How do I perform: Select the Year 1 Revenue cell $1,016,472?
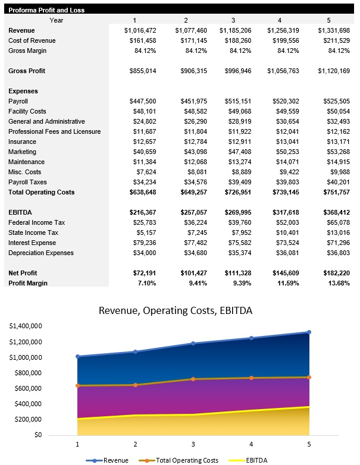pos(140,30)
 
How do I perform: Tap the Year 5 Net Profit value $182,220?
pos(333,273)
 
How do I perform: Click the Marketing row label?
pos(23,152)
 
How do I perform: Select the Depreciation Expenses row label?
pos(41,253)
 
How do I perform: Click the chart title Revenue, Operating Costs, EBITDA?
pos(179,310)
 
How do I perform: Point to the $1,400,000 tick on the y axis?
pos(25,326)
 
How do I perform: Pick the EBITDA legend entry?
pos(248,460)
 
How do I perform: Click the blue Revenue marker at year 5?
pos(309,332)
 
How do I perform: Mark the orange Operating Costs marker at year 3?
pos(193,379)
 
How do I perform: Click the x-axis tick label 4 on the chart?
pos(251,444)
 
